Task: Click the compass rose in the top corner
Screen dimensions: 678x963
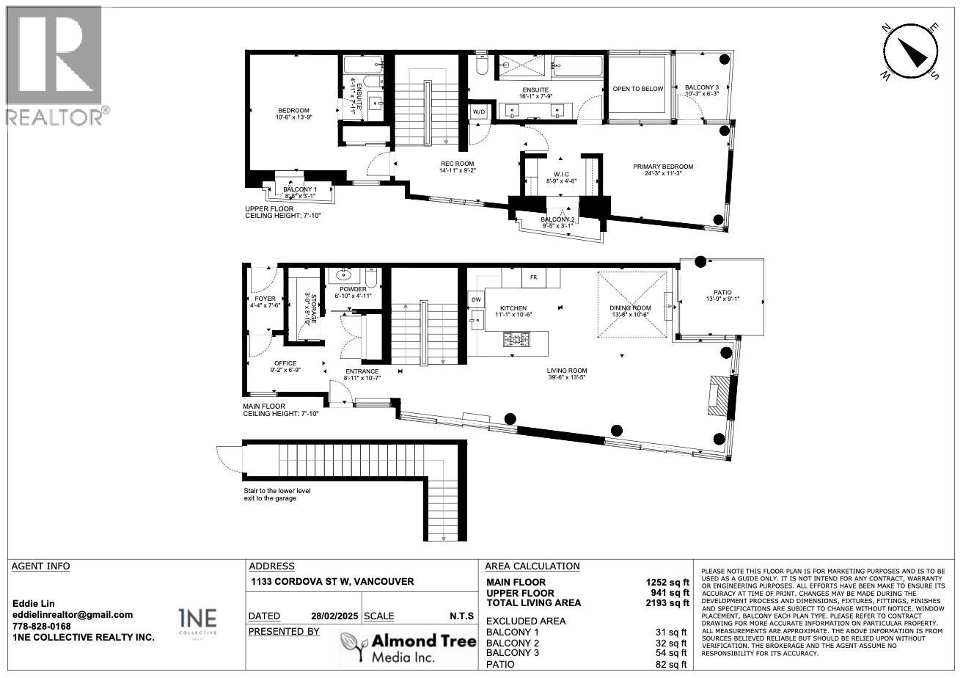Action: click(x=911, y=50)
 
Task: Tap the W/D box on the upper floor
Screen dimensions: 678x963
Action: click(x=479, y=112)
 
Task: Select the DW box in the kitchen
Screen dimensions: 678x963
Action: click(x=475, y=299)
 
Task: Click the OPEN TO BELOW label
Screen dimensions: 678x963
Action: click(x=637, y=89)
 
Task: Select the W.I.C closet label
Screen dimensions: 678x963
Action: click(x=561, y=174)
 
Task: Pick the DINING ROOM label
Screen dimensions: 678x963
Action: click(x=630, y=309)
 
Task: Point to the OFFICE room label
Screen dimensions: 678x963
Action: click(x=285, y=363)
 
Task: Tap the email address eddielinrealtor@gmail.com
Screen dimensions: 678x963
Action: click(x=73, y=615)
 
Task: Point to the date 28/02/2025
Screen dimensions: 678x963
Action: click(x=333, y=616)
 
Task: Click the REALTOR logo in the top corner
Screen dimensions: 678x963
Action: click(x=56, y=66)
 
